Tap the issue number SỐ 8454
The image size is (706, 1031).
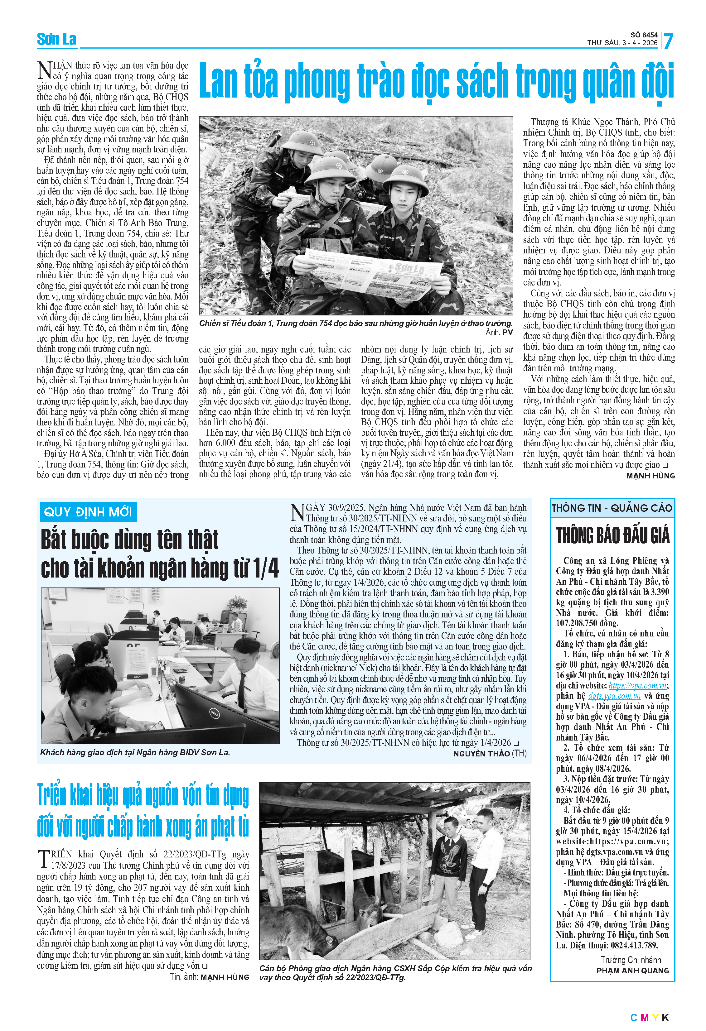tap(644, 35)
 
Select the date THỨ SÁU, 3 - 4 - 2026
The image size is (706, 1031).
tap(622, 43)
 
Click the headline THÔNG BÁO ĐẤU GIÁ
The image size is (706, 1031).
tap(612, 535)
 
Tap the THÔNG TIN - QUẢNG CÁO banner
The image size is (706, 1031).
tap(612, 508)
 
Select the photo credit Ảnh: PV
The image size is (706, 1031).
tap(499, 332)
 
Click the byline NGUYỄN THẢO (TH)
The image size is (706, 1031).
tap(490, 754)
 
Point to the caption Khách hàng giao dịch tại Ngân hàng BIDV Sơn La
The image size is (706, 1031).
tap(135, 752)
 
